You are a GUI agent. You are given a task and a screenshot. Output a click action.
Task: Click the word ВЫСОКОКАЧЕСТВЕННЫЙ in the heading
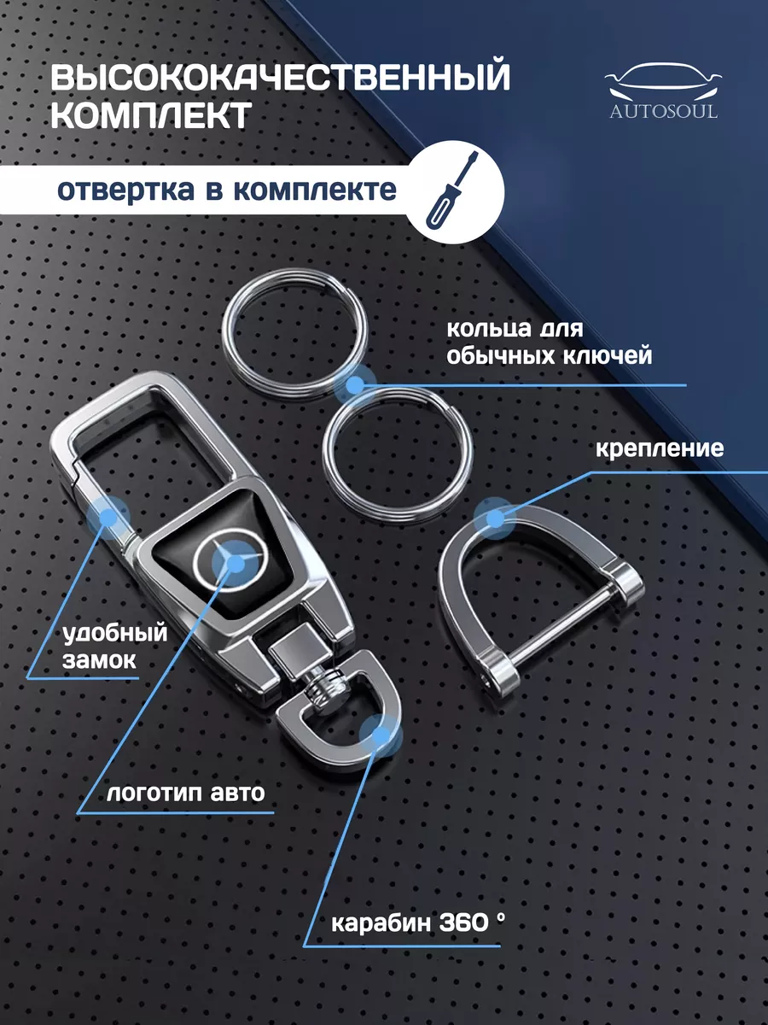click(x=280, y=77)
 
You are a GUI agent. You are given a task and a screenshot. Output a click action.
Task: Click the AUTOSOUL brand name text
click(x=664, y=112)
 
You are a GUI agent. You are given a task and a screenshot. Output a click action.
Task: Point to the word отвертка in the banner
click(x=125, y=190)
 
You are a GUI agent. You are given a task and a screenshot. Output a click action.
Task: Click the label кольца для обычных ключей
click(x=550, y=343)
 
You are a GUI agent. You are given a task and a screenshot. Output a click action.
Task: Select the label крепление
click(x=660, y=449)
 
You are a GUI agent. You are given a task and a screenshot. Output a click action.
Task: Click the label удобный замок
click(x=114, y=647)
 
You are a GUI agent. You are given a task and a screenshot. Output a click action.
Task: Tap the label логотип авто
click(x=185, y=793)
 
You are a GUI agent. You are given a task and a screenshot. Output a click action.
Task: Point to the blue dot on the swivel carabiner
click(x=380, y=735)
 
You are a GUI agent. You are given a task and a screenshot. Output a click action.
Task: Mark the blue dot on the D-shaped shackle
click(x=495, y=518)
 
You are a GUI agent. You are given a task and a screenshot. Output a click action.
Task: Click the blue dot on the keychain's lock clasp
click(x=108, y=518)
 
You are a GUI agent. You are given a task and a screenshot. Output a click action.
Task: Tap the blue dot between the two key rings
click(x=355, y=384)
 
